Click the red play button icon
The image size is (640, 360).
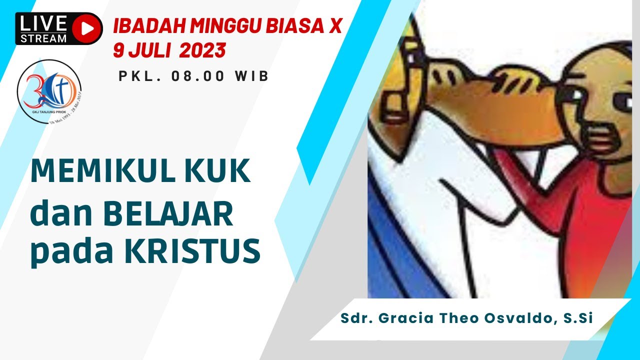86,28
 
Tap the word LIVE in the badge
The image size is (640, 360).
43,23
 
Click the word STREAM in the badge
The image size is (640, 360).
43,38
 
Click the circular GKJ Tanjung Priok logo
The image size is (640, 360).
48,91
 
